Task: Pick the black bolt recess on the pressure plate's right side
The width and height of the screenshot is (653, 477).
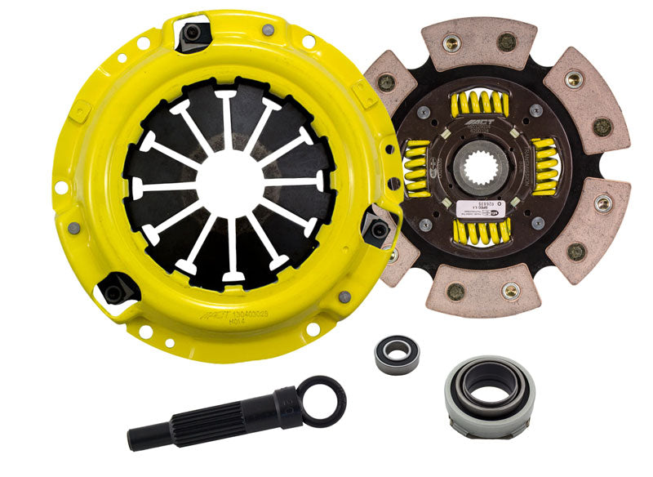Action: [378, 230]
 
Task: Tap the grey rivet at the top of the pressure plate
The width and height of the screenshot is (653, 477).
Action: [267, 30]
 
